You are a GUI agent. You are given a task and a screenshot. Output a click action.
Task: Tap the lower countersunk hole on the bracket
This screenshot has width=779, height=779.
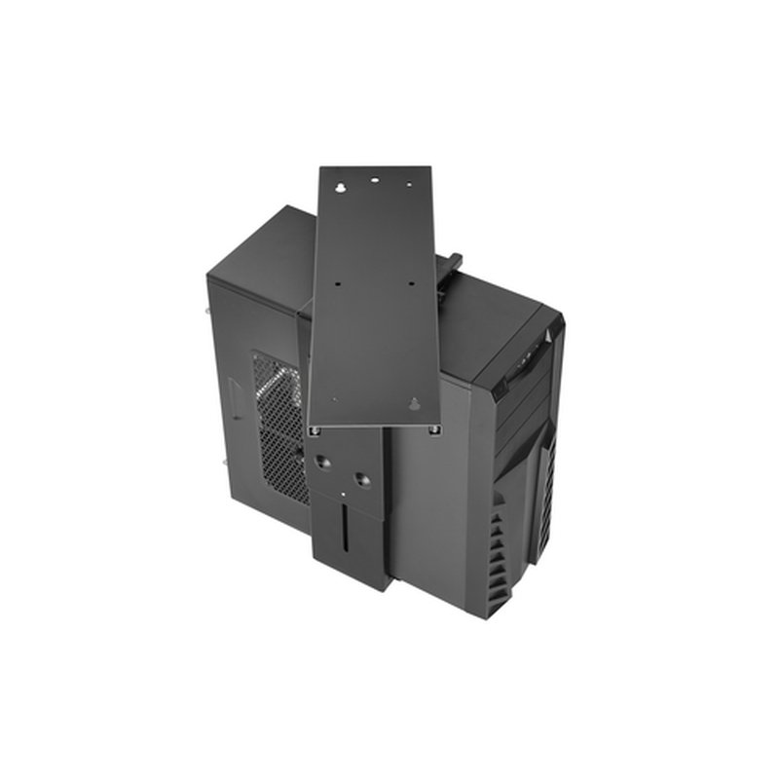click(360, 479)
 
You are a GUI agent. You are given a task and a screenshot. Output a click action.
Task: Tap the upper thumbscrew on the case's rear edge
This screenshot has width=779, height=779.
click(210, 312)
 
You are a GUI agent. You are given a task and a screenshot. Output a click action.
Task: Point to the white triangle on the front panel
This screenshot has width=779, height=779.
click(548, 335)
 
